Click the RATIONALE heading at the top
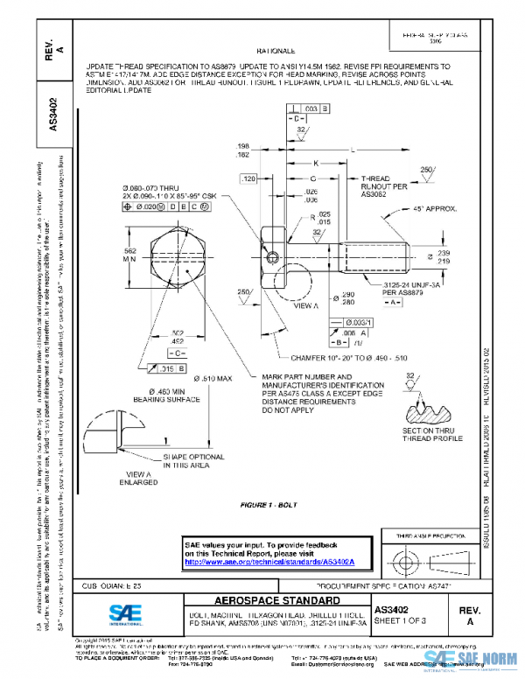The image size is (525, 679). (276, 52)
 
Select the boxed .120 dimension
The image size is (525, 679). (248, 178)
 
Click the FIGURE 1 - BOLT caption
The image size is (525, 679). (270, 506)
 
